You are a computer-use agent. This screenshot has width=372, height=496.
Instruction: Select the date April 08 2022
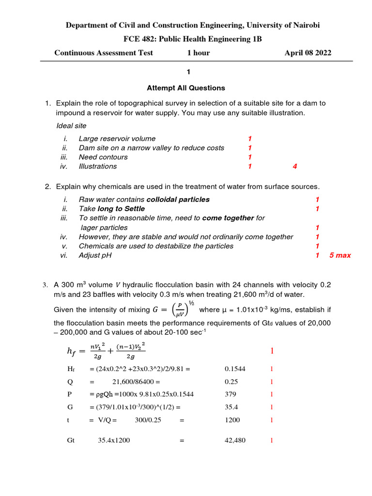click(x=308, y=53)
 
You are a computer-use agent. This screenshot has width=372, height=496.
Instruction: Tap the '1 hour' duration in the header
click(x=199, y=53)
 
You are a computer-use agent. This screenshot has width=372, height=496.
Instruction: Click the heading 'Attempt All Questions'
click(x=186, y=88)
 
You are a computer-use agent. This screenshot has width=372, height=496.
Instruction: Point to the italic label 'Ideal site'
click(x=71, y=126)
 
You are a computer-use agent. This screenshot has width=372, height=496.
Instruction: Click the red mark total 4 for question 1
click(x=294, y=167)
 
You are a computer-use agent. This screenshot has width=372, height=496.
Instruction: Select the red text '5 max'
click(x=340, y=255)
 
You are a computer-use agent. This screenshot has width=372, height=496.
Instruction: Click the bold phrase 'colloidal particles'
click(x=178, y=200)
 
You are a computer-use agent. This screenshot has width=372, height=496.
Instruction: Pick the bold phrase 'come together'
click(x=228, y=218)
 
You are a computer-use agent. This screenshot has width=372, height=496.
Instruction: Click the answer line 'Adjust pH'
click(x=95, y=255)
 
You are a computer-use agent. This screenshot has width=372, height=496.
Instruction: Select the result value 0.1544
click(x=235, y=369)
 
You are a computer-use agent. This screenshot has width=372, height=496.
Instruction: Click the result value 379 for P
click(x=231, y=394)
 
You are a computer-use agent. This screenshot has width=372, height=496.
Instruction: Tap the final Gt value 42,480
click(x=236, y=441)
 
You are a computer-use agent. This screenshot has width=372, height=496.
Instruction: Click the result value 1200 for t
click(x=232, y=420)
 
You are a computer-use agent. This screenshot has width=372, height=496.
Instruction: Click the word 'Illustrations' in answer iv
click(x=97, y=167)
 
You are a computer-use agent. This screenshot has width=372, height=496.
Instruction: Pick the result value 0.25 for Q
click(x=232, y=382)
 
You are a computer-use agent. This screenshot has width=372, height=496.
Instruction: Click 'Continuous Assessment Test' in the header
click(x=104, y=53)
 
